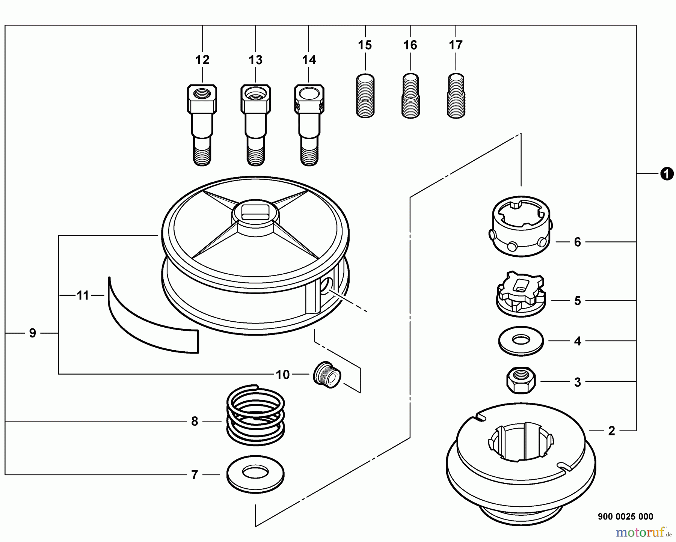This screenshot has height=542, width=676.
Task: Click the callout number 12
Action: pos(202,60)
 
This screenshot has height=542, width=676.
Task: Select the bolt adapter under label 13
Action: pos(256,125)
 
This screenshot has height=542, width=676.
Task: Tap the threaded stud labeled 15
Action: pos(365,96)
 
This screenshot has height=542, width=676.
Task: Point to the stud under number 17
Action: pos(456,96)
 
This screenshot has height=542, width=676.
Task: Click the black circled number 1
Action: pos(667,174)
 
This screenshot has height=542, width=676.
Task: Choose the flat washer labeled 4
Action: pos(521,341)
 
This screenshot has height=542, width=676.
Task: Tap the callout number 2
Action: pos(611,431)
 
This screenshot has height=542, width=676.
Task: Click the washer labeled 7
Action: pos(255,475)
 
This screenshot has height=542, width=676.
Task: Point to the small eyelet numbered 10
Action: pos(327,375)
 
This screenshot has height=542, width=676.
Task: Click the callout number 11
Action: pos(83,295)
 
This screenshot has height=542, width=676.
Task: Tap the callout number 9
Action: pos(33,333)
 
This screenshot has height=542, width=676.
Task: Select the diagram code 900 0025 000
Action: pos(625,516)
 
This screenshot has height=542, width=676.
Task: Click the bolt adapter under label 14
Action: pos(309,125)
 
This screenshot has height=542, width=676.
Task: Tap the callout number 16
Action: pos(410,45)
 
